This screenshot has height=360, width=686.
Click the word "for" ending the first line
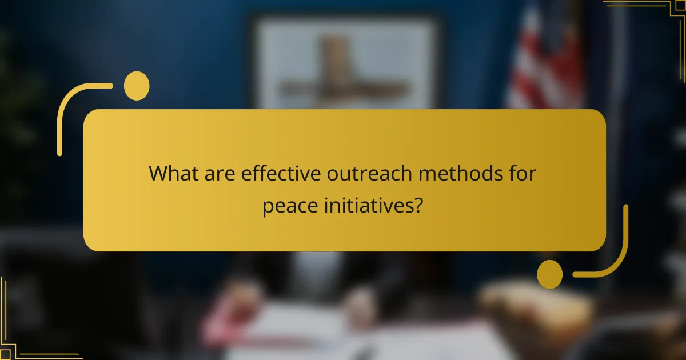coord(524,174)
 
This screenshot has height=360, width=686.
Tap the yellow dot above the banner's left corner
coord(137,86)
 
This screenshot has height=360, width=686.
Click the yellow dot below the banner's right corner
coord(550,274)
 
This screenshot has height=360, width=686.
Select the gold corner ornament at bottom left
coord(23,337)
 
